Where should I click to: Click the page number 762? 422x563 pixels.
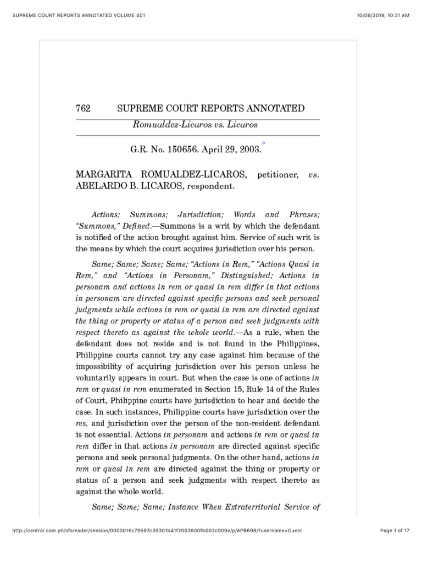pos(82,108)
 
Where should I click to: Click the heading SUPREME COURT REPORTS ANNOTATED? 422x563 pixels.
pos(211,108)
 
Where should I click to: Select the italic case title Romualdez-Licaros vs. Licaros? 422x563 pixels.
pos(195,125)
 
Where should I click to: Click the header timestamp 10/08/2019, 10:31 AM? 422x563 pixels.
pos(383,15)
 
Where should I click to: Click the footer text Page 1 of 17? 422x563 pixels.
pos(395,545)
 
